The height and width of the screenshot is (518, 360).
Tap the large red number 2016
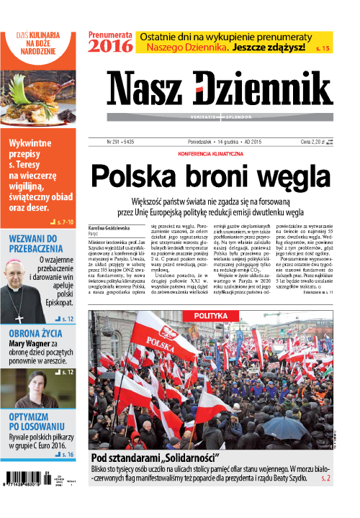[111, 46]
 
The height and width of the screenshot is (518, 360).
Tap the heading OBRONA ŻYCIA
[37, 333]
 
